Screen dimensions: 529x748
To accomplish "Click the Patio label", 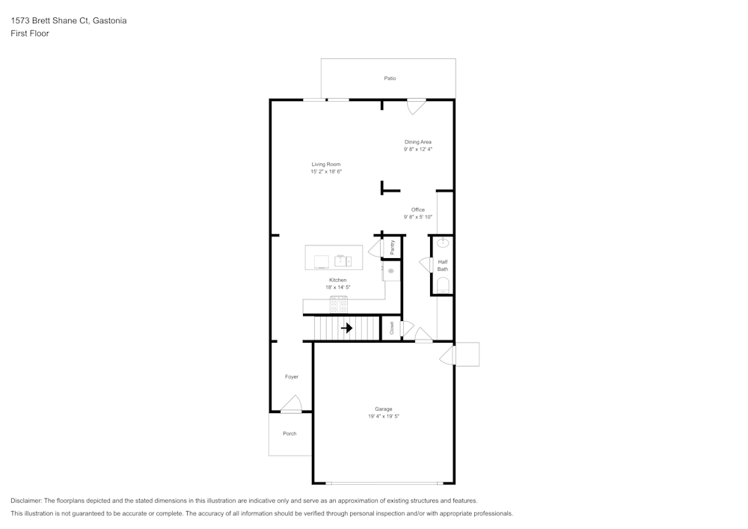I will [390, 78].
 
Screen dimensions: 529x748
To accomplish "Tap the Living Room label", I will [326, 164].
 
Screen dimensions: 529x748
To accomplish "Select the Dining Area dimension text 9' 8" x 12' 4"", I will [417, 149].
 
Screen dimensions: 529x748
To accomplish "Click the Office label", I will [417, 210].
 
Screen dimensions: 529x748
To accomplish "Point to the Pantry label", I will [392, 246].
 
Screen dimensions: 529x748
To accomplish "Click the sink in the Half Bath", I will [443, 242].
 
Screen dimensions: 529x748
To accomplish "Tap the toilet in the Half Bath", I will [443, 284].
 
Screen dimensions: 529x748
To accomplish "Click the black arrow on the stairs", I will [346, 328].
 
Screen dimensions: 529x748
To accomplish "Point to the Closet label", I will [391, 328].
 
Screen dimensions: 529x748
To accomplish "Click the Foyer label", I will [291, 376].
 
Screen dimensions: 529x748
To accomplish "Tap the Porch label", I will [289, 433].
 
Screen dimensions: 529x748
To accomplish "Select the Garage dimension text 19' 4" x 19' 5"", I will [383, 416].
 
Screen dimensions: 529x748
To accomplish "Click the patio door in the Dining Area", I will [416, 106].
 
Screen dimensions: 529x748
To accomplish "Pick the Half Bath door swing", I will [424, 264].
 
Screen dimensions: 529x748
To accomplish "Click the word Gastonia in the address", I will [109, 21].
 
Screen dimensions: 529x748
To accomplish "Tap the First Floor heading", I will [30, 34].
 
